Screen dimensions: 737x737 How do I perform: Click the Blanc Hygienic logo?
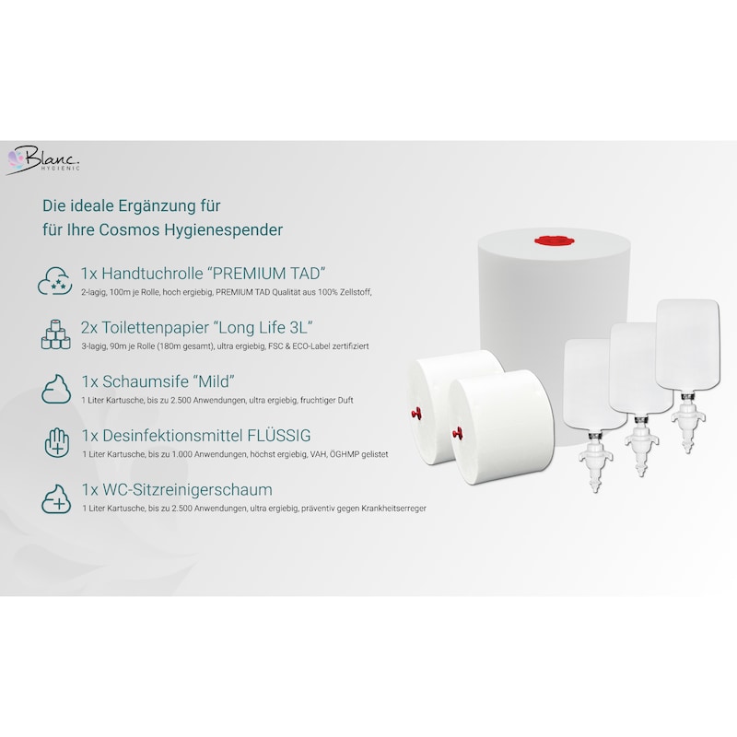(43, 160)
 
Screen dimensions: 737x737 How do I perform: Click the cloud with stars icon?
(55, 280)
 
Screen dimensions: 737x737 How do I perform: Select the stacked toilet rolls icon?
(55, 334)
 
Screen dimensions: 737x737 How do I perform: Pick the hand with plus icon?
(56, 442)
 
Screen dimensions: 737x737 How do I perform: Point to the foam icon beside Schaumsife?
(56, 389)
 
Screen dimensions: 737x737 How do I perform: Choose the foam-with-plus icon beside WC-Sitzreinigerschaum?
(56, 498)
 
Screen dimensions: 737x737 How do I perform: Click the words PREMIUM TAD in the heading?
(267, 273)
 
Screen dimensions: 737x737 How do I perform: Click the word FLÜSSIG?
(279, 435)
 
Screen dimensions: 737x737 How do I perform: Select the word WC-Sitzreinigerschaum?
(187, 489)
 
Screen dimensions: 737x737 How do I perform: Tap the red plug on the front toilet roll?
(457, 432)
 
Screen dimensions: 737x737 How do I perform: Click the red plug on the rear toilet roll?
(416, 414)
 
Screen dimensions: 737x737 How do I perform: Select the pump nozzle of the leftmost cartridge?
(594, 463)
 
